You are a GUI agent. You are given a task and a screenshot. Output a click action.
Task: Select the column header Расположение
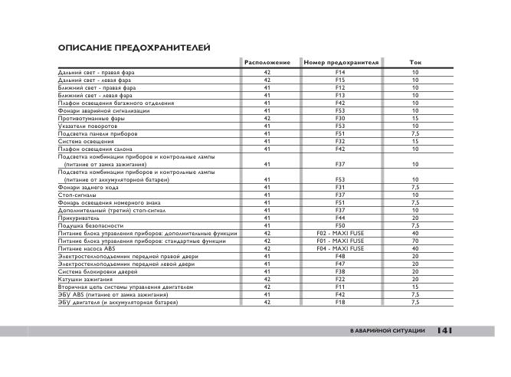coord(267,61)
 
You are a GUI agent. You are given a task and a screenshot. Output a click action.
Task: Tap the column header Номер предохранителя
coord(341,61)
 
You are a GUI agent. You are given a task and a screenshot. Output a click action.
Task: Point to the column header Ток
coord(415,61)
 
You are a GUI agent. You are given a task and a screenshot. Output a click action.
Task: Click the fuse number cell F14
coord(341,71)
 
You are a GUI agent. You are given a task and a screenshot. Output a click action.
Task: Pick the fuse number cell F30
coord(341,118)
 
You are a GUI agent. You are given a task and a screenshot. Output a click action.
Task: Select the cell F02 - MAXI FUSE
coord(341,233)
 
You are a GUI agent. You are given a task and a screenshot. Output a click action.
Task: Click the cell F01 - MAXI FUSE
coord(341,241)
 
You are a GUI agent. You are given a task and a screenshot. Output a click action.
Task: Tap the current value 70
coord(415,241)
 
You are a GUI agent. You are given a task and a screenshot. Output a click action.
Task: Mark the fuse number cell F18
coord(341,303)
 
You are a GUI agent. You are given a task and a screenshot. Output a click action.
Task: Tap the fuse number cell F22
coord(341,280)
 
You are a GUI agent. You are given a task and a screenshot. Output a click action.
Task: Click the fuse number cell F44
coord(341,218)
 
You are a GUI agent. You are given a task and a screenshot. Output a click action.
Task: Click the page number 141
coord(445,330)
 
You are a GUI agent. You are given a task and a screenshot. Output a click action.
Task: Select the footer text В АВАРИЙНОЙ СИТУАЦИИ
coord(387,330)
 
